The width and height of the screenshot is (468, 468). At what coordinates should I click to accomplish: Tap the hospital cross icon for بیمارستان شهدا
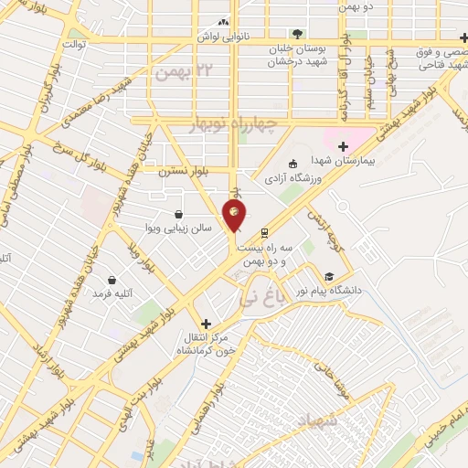pyautogui.click(x=343, y=146)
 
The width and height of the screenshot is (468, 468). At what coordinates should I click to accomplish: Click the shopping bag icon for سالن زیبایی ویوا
pyautogui.click(x=177, y=215)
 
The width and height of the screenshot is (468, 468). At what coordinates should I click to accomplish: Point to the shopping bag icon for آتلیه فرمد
pyautogui.click(x=112, y=280)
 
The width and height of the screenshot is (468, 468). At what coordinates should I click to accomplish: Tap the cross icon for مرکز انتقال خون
pyautogui.click(x=207, y=324)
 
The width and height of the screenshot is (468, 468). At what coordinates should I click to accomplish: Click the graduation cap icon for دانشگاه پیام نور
pyautogui.click(x=328, y=277)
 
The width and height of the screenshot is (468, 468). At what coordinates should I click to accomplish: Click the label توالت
pyautogui.click(x=73, y=44)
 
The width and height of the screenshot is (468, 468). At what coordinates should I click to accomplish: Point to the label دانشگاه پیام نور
pyautogui.click(x=365, y=291)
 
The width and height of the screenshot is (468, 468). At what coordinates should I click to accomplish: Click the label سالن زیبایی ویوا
pyautogui.click(x=179, y=228)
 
